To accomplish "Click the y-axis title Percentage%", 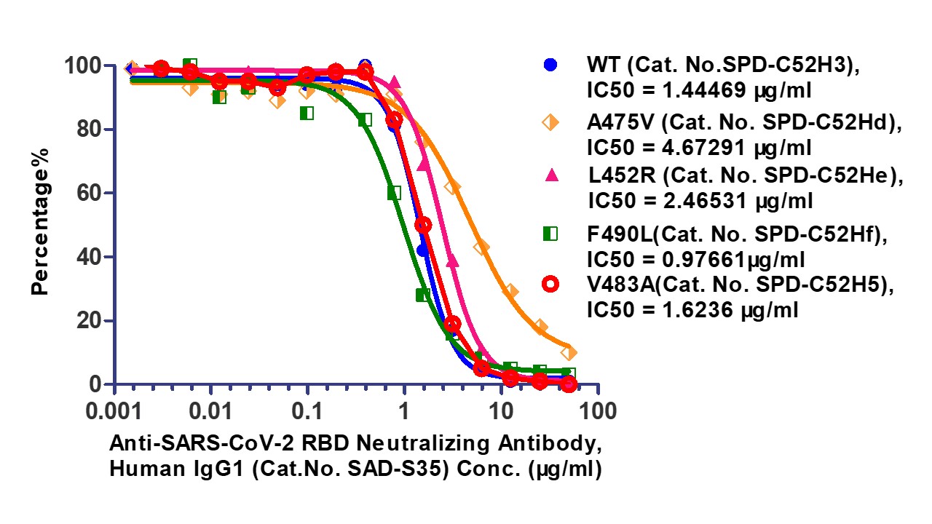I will click(41, 221).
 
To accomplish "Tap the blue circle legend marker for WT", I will click(551, 65).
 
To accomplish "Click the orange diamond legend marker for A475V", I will click(551, 123).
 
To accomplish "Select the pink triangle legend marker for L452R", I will click(551, 175).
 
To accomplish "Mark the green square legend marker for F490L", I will click(551, 233).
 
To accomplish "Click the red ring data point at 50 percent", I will click(423, 224).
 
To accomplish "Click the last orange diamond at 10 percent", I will click(569, 352).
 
